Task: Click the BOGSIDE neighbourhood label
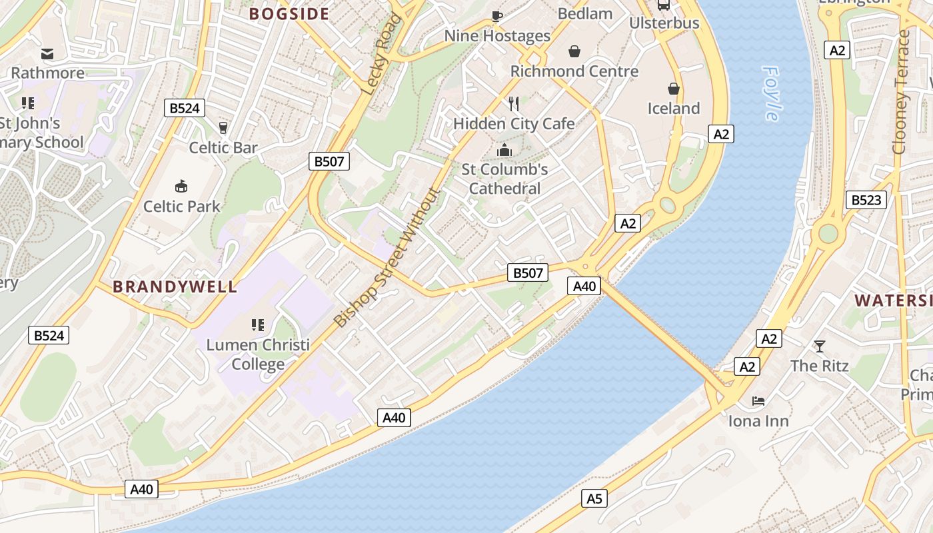289,14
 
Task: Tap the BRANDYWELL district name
175,287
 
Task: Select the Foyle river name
771,93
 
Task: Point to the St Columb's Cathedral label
504,179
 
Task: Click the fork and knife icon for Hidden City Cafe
514,104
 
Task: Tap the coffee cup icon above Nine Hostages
496,15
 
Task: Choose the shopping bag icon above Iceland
674,89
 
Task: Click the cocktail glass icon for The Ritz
819,346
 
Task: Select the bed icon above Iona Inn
758,401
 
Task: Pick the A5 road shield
594,498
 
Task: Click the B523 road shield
866,200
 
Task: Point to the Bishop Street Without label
387,258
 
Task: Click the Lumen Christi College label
258,354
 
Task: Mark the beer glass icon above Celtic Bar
223,127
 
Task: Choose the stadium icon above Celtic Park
181,186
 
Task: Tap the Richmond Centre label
574,71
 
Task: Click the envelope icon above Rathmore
47,53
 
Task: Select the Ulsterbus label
664,23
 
